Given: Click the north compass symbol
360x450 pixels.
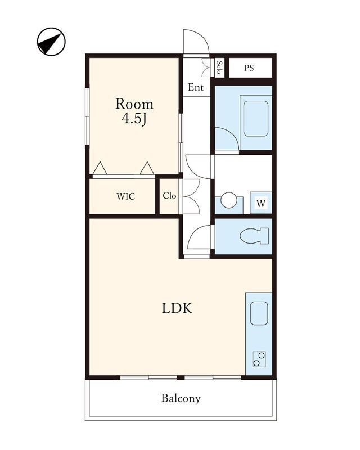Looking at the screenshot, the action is tap(51, 42).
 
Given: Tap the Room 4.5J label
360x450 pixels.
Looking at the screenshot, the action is tap(134, 111).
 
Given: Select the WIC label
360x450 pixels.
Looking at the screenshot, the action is tap(126, 196).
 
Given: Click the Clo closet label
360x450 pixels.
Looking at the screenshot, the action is tap(169, 196).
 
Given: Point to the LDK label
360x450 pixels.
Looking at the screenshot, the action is tap(177, 308).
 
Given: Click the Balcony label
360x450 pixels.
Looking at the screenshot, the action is tap(181, 398).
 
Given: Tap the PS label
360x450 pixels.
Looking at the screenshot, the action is tap(249, 67).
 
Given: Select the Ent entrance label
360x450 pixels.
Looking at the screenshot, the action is tap(196, 87).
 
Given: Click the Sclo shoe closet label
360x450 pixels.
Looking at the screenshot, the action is tap(219, 67).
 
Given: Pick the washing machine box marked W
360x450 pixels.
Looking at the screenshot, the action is tap(261, 203).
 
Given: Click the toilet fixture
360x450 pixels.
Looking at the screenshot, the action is tap(254, 236).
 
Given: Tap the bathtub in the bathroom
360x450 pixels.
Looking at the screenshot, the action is tap(256, 119).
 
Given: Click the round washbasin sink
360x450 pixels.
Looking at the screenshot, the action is tap(229, 200).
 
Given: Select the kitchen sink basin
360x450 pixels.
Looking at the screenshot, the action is tap(259, 313).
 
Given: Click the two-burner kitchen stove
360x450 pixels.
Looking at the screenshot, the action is tap(259, 359).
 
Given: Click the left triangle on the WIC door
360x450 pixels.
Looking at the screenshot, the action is tap(100, 168).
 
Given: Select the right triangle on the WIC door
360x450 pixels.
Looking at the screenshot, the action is tap(147, 168).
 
